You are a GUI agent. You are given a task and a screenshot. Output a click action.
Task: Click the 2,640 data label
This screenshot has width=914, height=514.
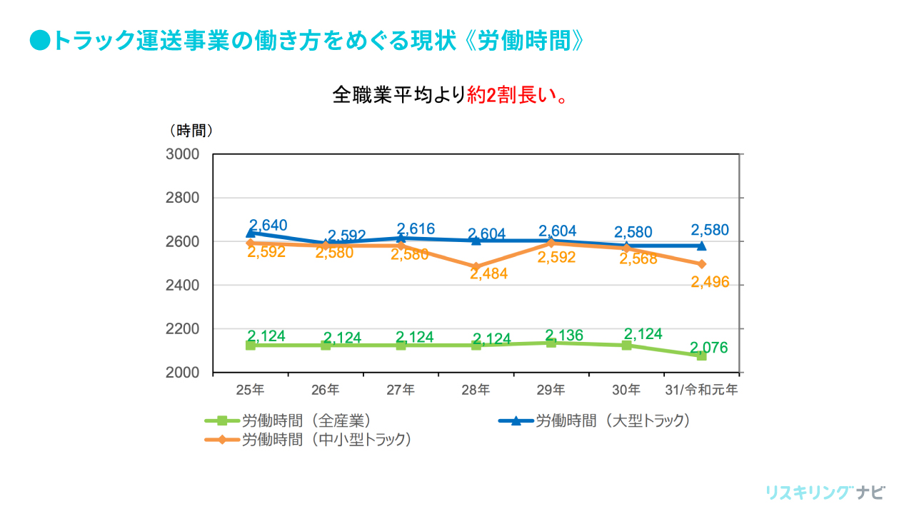268,226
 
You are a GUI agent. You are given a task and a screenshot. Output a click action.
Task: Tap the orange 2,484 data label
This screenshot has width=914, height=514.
488,273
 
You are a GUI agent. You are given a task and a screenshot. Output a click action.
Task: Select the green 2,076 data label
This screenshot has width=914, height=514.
709,348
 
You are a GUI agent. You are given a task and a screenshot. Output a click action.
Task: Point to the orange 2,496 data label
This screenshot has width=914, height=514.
710,283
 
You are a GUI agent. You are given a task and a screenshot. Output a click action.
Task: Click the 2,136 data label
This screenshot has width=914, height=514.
564,336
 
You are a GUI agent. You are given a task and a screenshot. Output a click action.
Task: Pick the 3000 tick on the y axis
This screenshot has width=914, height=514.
184,154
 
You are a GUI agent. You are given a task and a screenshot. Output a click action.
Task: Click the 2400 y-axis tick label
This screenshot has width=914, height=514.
184,286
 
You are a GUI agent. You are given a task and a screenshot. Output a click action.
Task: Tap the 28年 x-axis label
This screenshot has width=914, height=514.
476,390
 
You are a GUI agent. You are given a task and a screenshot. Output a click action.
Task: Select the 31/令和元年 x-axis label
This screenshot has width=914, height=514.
701,390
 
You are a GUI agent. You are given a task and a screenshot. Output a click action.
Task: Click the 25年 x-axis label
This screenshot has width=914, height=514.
250,390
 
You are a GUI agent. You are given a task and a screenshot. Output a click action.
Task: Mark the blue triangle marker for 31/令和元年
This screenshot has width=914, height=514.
701,246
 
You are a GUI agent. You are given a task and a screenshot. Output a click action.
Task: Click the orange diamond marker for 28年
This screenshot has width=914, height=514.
476,267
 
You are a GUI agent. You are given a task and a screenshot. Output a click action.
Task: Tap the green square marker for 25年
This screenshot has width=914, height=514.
251,346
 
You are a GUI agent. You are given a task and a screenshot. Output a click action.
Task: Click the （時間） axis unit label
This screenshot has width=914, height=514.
191,131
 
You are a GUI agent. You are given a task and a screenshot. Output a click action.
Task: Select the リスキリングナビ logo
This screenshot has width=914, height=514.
825,493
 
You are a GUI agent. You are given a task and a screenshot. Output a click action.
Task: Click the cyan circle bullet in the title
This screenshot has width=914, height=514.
40,41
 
